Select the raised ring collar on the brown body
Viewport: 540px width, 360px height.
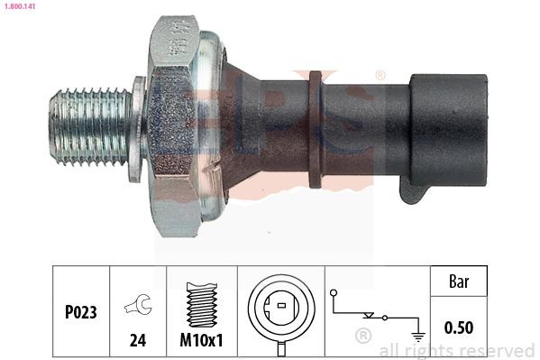click(315, 128)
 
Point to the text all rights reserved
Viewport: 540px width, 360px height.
click(456, 350)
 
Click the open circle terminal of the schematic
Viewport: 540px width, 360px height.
click(334, 294)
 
